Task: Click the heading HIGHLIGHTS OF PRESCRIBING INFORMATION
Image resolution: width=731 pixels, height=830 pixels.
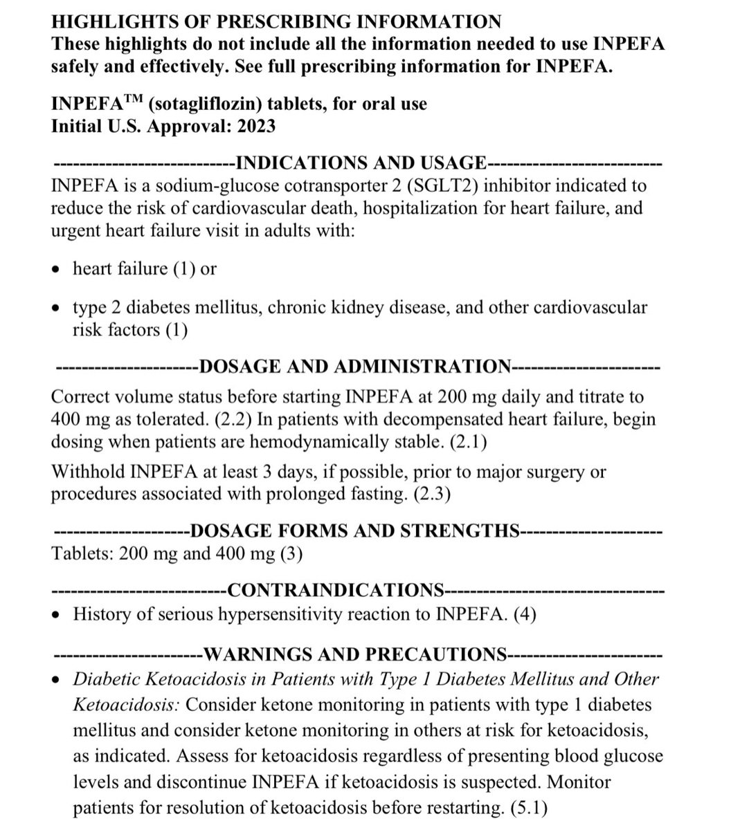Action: (x=276, y=21)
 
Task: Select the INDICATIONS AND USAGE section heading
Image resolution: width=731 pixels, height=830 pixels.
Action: (x=361, y=163)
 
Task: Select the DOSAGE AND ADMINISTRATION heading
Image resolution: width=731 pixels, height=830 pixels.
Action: (x=355, y=367)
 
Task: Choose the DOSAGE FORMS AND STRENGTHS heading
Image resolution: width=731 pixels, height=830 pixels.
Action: (x=354, y=531)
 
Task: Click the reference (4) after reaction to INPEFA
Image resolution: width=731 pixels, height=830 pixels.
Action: (x=525, y=614)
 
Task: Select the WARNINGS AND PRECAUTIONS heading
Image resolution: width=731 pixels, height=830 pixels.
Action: (x=357, y=654)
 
